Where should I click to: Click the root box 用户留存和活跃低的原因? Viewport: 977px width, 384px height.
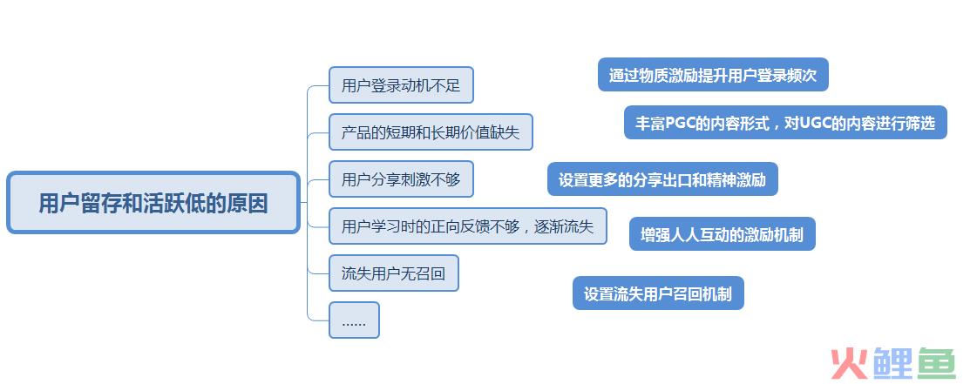click(153, 203)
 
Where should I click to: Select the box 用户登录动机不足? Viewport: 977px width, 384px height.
click(401, 84)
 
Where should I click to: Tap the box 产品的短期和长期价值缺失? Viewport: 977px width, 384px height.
click(431, 132)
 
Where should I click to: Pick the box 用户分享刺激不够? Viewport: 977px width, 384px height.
click(401, 179)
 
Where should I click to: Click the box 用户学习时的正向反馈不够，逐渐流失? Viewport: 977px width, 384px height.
click(467, 226)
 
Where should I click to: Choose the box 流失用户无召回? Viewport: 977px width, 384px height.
click(394, 273)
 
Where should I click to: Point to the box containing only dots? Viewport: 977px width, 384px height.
click(354, 320)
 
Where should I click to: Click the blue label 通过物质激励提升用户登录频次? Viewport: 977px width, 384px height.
click(713, 75)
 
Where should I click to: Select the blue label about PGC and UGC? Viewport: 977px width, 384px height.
click(785, 123)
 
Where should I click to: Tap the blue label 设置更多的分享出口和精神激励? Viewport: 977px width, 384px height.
click(662, 179)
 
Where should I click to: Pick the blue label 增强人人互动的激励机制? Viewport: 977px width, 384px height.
click(723, 234)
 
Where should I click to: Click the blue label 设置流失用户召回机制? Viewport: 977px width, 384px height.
click(658, 293)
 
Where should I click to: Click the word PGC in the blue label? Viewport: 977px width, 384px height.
click(679, 124)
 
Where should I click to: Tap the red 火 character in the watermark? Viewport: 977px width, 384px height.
click(849, 363)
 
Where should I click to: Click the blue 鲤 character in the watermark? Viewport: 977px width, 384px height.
click(892, 363)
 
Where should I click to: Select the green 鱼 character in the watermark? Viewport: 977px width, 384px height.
click(936, 363)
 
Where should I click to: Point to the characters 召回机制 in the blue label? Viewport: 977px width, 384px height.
click(702, 293)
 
